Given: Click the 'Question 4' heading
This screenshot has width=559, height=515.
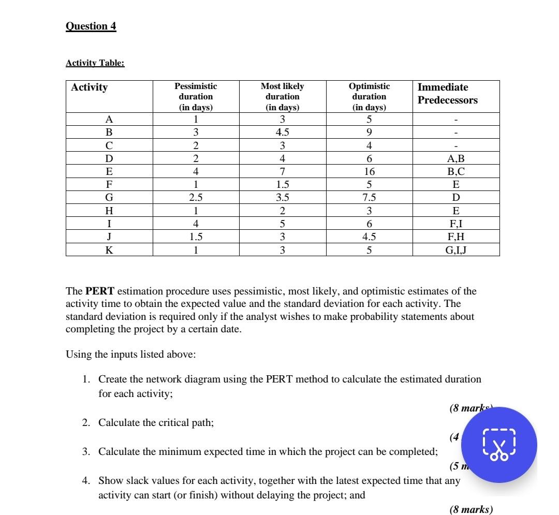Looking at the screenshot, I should (x=91, y=26).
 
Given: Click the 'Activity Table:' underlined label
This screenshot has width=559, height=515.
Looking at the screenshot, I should (x=95, y=63).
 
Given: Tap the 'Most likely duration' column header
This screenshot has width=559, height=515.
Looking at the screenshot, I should (x=282, y=97).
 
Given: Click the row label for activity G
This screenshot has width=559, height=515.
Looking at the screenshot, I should (x=109, y=197).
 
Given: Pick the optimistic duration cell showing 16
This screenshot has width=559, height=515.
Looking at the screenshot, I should (x=369, y=171).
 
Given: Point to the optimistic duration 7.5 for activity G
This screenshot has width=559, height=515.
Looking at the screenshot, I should (x=369, y=197).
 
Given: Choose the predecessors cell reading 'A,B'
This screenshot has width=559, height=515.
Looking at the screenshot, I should (x=455, y=158).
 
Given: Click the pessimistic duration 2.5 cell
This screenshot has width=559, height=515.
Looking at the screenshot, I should (x=196, y=197).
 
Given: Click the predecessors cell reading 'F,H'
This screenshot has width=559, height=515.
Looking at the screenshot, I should (x=455, y=237).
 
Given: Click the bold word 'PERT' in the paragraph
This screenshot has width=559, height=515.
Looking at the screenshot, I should (x=96, y=291).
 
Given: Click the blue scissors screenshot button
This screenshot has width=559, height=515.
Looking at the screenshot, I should (x=499, y=445).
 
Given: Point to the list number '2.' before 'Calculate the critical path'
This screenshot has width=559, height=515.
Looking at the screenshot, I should (x=87, y=423).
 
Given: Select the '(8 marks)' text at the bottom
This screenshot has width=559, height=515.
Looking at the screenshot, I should (x=471, y=510).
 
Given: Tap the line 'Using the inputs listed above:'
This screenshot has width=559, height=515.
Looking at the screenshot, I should (x=131, y=355).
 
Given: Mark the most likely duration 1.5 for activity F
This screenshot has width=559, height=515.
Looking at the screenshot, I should (x=282, y=184).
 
